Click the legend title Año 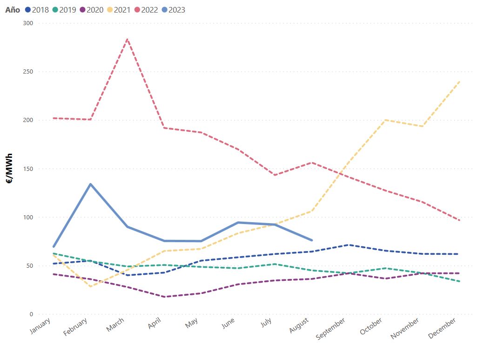click(x=13, y=10)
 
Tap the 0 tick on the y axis click(x=31, y=314)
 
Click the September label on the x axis click(x=331, y=328)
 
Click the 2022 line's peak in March click(x=127, y=39)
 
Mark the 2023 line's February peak click(x=90, y=184)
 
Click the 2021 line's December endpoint click(x=460, y=82)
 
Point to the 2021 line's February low click(x=90, y=286)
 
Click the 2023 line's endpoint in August click(x=312, y=240)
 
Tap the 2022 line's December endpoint click(x=460, y=220)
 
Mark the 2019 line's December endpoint click(x=460, y=281)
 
